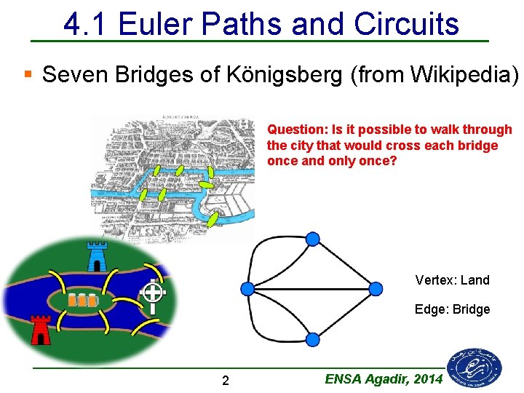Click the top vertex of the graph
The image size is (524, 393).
(x=312, y=239)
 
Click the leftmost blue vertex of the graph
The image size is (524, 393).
(x=247, y=289)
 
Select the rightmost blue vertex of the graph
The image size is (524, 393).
(x=376, y=289)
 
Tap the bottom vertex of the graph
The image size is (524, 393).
(x=312, y=339)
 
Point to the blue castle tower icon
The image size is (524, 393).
(x=96, y=256)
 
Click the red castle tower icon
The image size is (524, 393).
(x=41, y=329)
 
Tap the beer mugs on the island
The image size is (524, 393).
(x=82, y=299)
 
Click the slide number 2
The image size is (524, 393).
(x=226, y=381)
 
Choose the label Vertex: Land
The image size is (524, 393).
(x=452, y=280)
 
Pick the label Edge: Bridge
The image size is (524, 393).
(x=452, y=309)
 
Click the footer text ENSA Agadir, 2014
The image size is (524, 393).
(x=384, y=378)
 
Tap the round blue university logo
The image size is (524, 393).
(x=475, y=367)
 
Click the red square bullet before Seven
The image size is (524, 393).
(x=28, y=74)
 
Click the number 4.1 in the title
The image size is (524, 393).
(x=86, y=24)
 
